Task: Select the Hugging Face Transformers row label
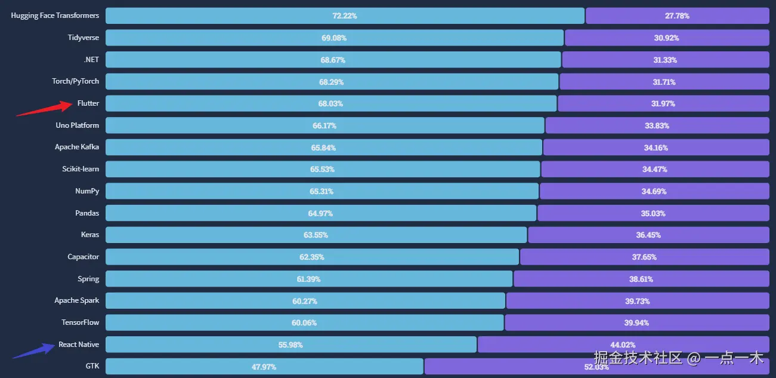coord(55,16)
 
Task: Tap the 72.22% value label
coord(345,16)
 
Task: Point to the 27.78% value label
coord(677,16)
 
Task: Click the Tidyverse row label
coord(84,38)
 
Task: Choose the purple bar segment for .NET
coord(665,60)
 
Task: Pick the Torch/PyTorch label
coord(76,81)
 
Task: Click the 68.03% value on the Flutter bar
coord(330,104)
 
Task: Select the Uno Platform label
coord(78,125)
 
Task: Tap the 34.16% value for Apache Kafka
coord(656,147)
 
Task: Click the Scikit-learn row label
coord(81,169)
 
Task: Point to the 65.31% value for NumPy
coord(321,192)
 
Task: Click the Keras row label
coord(90,235)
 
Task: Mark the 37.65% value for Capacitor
coord(644,257)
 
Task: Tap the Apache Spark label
coord(77,300)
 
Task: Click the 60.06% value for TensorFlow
coord(304,323)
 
